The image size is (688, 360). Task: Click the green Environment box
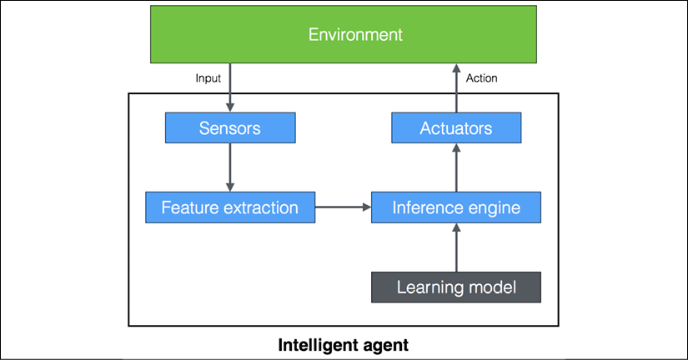point(343,34)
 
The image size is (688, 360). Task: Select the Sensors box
point(230,127)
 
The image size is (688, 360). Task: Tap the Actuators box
point(456,127)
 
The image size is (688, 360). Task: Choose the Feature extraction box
point(230,207)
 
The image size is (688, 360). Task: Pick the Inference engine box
point(456,207)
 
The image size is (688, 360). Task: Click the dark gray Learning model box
point(456,287)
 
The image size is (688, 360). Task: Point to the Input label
point(208,78)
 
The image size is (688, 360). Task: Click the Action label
point(482,78)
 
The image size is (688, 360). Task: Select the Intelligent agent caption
point(343,345)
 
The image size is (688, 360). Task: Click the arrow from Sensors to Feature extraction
point(230,167)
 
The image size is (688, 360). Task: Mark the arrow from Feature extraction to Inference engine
point(343,207)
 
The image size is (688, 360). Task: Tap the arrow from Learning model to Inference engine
point(456,247)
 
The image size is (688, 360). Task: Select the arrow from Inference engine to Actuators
point(456,167)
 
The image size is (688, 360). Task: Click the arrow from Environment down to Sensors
point(230,87)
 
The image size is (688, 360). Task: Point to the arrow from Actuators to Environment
point(456,87)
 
